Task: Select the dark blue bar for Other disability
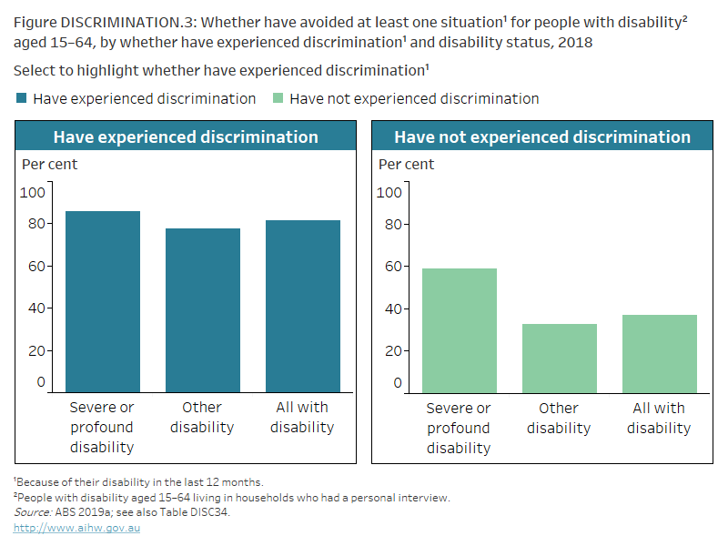202,310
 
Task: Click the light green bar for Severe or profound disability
459,330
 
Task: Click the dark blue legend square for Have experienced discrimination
21,98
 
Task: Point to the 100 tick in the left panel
33,192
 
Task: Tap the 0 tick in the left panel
40,382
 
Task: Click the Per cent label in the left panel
49,164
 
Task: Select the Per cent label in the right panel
406,164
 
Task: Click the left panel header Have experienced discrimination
186,137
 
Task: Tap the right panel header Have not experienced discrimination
542,137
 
